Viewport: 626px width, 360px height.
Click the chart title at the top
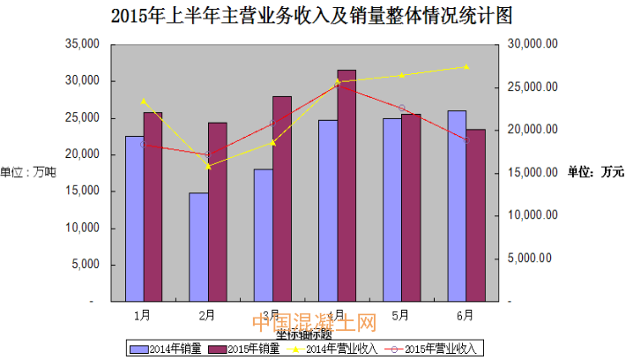pos(313,15)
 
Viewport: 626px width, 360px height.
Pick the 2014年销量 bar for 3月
pos(263,235)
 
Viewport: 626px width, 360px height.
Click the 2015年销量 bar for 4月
pos(347,185)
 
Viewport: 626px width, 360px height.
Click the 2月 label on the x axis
pos(207,313)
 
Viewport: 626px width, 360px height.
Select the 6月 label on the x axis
pos(466,313)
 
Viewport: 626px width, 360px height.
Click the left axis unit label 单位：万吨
pos(28,171)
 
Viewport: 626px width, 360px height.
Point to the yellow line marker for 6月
pos(466,67)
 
